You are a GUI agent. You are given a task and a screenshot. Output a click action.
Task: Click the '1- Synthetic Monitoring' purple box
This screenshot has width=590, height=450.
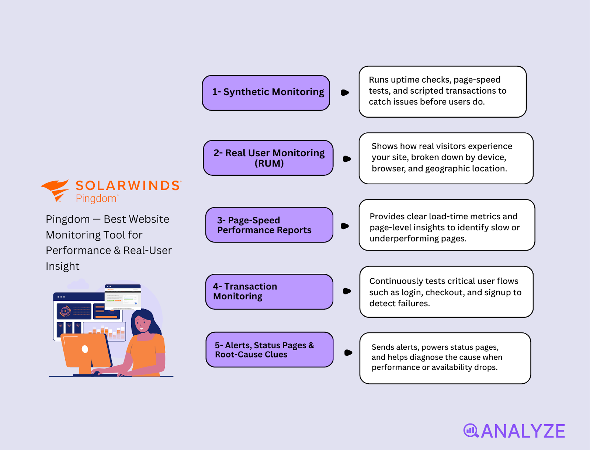tap(266, 93)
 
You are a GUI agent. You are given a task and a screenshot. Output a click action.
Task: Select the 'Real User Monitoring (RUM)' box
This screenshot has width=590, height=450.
tap(268, 158)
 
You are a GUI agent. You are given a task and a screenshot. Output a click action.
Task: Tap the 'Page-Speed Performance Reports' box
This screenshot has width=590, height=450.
tap(269, 225)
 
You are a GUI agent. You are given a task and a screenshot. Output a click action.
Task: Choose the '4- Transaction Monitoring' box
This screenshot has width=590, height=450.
tap(269, 292)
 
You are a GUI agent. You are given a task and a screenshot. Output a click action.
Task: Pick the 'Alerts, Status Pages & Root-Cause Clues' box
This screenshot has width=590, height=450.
tap(270, 350)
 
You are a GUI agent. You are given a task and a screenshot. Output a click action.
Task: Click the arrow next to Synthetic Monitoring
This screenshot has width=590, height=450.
tap(344, 93)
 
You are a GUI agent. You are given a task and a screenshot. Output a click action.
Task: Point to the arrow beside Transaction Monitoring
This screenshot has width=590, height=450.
tap(347, 291)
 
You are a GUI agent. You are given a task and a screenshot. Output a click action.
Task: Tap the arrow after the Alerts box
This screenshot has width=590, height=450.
tap(348, 353)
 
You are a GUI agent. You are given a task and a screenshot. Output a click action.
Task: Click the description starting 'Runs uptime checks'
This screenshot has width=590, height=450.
tap(442, 91)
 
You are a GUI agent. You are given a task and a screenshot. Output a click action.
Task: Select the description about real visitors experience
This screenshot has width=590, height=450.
tap(446, 158)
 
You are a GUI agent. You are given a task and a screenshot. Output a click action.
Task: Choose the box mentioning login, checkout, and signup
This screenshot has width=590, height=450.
tap(446, 292)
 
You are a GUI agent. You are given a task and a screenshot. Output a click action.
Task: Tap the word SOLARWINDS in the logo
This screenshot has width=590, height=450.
tap(128, 185)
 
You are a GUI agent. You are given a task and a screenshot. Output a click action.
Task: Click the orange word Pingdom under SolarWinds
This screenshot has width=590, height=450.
tap(96, 199)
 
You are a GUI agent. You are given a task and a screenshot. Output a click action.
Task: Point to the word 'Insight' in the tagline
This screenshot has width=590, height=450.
tap(62, 266)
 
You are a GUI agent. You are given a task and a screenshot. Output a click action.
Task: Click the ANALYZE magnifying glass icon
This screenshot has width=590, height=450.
tap(471, 430)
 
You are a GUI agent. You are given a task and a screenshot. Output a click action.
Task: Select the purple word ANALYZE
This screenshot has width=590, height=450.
tap(523, 431)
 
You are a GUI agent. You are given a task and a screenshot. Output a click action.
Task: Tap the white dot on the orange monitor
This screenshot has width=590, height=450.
tap(85, 349)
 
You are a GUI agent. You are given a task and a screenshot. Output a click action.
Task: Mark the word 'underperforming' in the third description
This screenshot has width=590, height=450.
tap(404, 239)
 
